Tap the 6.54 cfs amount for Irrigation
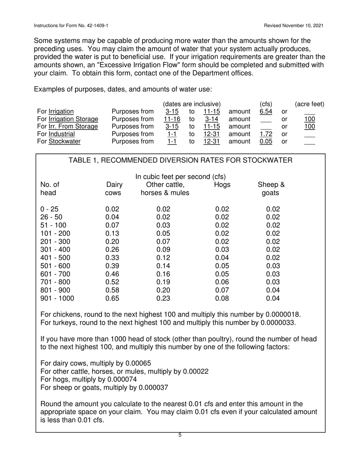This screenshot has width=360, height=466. [x=266, y=111]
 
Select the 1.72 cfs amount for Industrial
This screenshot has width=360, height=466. [x=266, y=134]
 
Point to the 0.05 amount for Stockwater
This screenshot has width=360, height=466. [x=266, y=141]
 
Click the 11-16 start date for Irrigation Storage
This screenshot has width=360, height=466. [x=172, y=119]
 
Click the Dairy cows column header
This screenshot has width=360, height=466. [x=114, y=189]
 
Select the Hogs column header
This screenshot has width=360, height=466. [x=222, y=185]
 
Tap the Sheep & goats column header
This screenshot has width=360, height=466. [x=271, y=189]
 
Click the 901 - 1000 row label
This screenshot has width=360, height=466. [x=57, y=298]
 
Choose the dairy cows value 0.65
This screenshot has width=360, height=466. [x=112, y=298]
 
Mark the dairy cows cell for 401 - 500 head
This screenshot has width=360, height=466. [x=112, y=258]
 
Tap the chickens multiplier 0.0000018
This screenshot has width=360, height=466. [x=281, y=314]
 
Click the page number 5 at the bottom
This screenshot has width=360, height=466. [x=180, y=435]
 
